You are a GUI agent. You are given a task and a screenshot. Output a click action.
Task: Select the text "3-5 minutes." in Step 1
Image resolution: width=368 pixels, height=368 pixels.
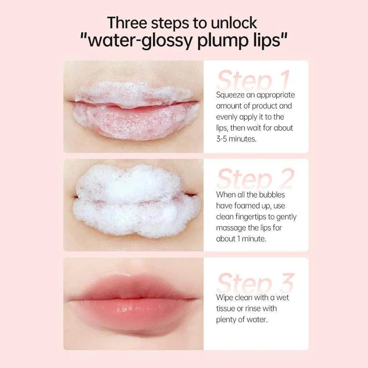point(236,139)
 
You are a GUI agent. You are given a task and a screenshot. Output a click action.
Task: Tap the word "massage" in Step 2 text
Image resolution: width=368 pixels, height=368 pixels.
point(232,228)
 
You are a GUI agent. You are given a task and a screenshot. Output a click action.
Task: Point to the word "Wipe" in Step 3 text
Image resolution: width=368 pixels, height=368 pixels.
point(225,297)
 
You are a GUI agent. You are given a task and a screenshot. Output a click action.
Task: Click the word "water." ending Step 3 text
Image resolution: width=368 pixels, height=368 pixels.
point(257,319)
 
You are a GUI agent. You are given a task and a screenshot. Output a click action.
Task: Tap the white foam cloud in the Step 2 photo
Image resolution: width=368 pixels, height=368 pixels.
point(135,201)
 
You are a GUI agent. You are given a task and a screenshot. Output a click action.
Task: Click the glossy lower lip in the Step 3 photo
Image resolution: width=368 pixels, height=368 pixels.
point(133,313)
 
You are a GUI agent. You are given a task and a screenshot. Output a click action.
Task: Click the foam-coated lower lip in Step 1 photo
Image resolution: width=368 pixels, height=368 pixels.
point(133,121)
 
